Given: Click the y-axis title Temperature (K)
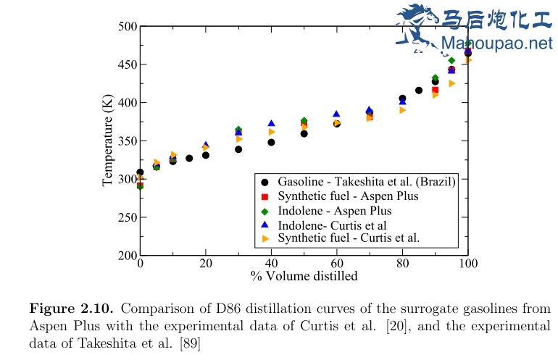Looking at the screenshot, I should coord(108,141).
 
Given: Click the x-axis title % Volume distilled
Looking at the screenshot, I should coord(304,276).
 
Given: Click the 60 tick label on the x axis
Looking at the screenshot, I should coord(336,264).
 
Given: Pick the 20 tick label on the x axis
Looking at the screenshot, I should coord(206,264).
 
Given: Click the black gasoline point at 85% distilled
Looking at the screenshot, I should coord(419,91).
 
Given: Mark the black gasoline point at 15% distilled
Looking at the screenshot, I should coord(189,158).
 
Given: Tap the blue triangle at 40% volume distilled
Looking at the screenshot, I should coord(271,124).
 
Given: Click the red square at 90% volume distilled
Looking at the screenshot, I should coord(435,90).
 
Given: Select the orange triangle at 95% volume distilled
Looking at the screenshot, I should coord(451,83).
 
